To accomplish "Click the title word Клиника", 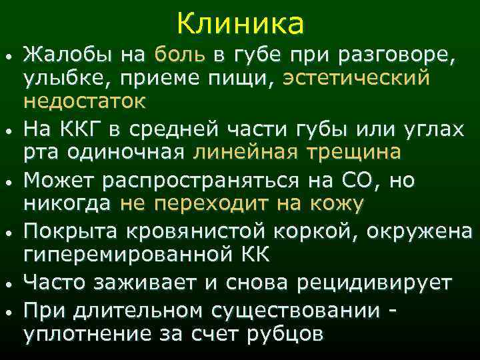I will coord(241,24).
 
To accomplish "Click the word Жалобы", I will coord(58,55).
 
